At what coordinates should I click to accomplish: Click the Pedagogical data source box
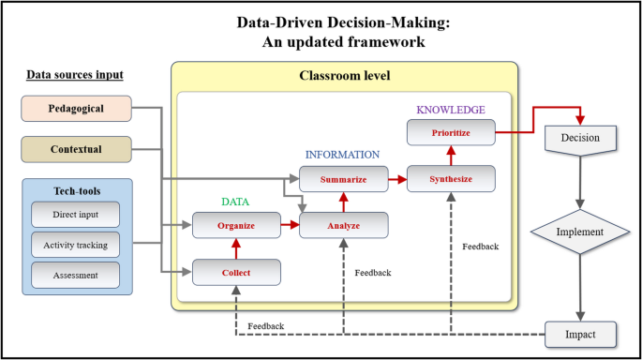click(76, 109)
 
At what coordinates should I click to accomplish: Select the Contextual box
click(76, 148)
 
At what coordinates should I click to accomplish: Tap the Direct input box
click(77, 215)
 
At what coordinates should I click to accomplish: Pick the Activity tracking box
click(77, 245)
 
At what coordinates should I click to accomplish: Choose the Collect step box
click(236, 273)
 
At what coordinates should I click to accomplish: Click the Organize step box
click(236, 225)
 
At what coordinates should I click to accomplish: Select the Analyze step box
click(343, 225)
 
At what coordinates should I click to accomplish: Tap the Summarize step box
click(343, 178)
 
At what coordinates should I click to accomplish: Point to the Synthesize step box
click(451, 178)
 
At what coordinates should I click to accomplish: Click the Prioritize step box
click(451, 132)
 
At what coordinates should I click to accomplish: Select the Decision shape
click(580, 138)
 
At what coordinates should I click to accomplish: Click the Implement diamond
click(580, 230)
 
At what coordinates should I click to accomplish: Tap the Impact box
click(580, 332)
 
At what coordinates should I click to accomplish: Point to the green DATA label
click(236, 201)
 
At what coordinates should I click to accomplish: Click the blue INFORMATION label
click(343, 155)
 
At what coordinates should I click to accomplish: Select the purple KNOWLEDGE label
click(451, 110)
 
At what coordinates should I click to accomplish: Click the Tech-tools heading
click(77, 190)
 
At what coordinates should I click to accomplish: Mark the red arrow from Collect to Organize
click(236, 249)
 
